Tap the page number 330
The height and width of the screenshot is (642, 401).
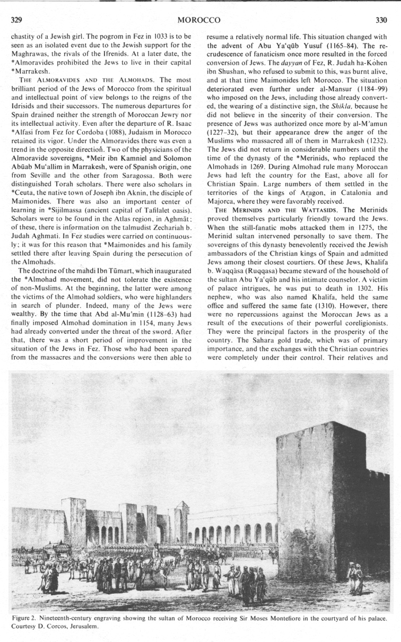(x=381, y=20)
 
